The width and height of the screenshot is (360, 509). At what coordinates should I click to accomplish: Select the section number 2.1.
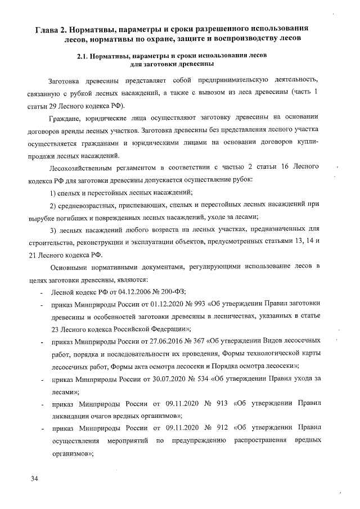[82, 56]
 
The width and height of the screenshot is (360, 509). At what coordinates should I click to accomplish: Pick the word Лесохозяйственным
[85, 168]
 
